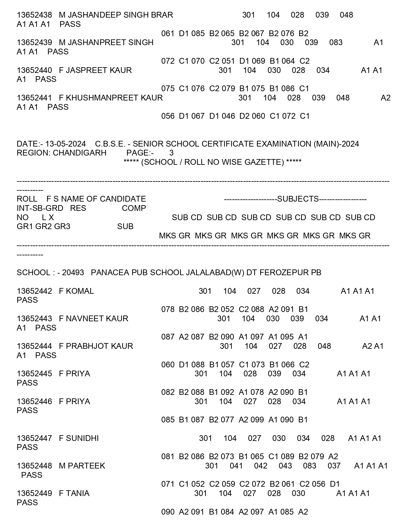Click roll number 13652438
pyautogui.click(x=34, y=15)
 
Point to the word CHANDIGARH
pyautogui.click(x=80, y=153)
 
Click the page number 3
pyautogui.click(x=172, y=153)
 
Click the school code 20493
pyautogui.click(x=73, y=273)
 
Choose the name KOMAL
pyautogui.click(x=80, y=291)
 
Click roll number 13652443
pyautogui.click(x=34, y=319)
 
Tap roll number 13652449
pyautogui.click(x=34, y=493)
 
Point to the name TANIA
pyautogui.click(x=77, y=493)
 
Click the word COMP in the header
pyautogui.click(x=134, y=208)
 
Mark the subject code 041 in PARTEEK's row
pyautogui.click(x=236, y=466)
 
